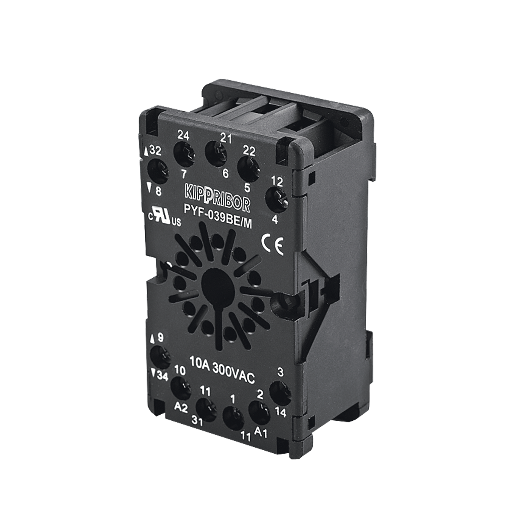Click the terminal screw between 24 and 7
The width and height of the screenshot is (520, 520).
coord(183,153)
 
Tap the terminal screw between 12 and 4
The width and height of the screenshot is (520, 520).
coord(277,199)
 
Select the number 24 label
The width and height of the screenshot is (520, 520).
coord(183,136)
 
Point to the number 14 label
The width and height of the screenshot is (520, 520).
coord(281,413)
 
